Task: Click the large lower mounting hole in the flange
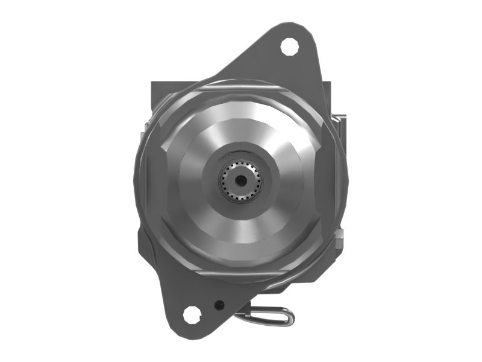pyautogui.click(x=192, y=314)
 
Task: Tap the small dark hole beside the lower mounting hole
pyautogui.click(x=221, y=304)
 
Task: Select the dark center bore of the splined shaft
pyautogui.click(x=240, y=179)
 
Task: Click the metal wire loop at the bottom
pyautogui.click(x=268, y=314)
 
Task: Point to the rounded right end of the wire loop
pyautogui.click(x=292, y=316)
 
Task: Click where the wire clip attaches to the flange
pyautogui.click(x=240, y=314)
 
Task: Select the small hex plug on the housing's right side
pyautogui.click(x=341, y=241)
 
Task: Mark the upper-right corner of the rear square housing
pyautogui.click(x=330, y=81)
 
